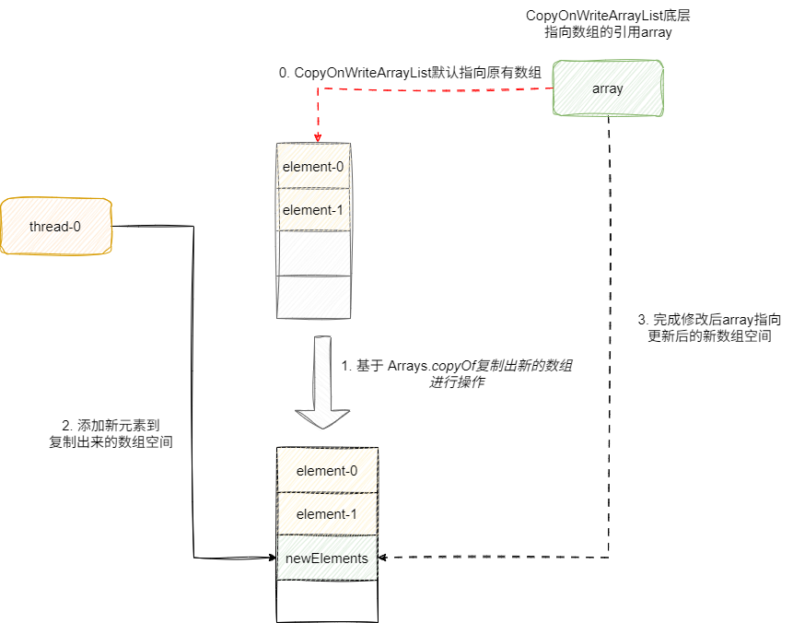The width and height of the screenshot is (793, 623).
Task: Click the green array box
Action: pos(608,88)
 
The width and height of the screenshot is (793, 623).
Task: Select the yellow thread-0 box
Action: pos(56,226)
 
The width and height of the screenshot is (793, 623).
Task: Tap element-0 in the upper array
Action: pos(313,168)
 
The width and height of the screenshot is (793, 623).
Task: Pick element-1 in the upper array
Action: pos(313,210)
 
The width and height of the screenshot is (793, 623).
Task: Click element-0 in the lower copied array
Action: pos(327,471)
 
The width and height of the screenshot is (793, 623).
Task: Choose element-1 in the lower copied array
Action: pos(327,514)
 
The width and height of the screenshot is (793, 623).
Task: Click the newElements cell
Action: pos(327,558)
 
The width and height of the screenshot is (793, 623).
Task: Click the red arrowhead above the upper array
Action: pos(318,136)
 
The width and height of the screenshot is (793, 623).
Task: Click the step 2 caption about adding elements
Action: pos(111,434)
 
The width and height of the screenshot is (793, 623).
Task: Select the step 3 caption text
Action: pos(709,328)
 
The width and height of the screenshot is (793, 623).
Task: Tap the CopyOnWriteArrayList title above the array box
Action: pos(608,24)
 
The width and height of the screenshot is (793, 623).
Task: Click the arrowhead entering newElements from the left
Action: pos(273,558)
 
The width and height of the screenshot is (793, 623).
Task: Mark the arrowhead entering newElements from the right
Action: pos(384,558)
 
